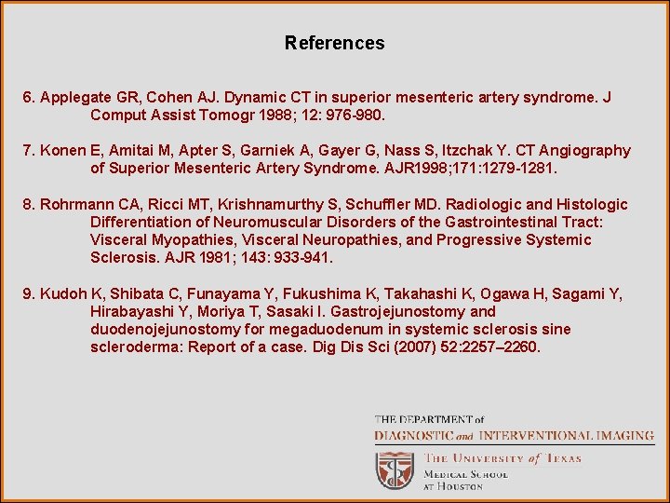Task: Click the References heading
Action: (334, 43)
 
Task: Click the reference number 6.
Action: (29, 98)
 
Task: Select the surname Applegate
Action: (76, 98)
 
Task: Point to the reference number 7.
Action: (29, 151)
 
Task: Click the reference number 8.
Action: (29, 205)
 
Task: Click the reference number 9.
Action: (29, 294)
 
